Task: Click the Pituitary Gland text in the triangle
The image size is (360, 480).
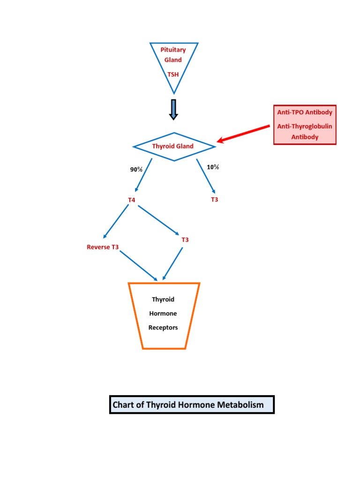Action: [x=173, y=55]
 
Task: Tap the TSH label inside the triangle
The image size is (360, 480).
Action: [x=173, y=74]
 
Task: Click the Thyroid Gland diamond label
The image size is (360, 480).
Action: [x=172, y=146]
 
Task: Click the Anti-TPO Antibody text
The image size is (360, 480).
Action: [x=305, y=112]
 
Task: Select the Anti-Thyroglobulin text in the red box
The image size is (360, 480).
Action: [x=305, y=127]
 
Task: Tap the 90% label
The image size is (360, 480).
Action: [x=136, y=170]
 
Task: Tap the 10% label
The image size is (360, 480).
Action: [x=213, y=167]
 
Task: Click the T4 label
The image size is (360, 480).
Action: [x=132, y=200]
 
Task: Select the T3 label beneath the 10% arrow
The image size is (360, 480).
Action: [x=214, y=200]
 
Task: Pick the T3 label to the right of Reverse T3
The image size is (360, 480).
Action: [x=185, y=240]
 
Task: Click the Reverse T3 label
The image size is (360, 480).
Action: [x=103, y=247]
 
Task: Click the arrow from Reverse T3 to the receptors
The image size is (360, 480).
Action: [x=139, y=266]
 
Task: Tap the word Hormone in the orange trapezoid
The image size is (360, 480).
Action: [x=163, y=314]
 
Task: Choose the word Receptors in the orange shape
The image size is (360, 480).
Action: [x=163, y=328]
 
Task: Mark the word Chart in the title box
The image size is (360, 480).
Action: [x=124, y=405]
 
